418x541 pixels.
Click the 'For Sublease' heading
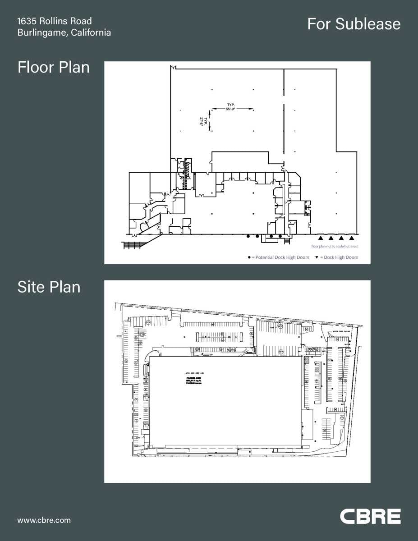click(x=354, y=24)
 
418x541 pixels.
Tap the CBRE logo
click(x=370, y=516)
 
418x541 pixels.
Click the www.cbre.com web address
click(x=44, y=520)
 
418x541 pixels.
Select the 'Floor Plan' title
click(x=53, y=67)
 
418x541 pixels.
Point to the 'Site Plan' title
click(x=49, y=287)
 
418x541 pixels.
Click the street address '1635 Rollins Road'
click(x=54, y=21)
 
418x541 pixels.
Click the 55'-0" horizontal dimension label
click(x=231, y=109)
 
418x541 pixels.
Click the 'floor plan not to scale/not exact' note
click(x=335, y=247)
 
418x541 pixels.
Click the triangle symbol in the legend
click(x=317, y=257)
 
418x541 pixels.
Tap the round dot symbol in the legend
click(x=249, y=257)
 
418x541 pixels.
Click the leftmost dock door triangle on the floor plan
click(x=321, y=237)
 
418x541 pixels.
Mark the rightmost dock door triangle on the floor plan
click(x=352, y=237)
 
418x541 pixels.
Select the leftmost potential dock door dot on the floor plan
click(x=248, y=236)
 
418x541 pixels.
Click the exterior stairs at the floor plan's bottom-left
click(x=133, y=245)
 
